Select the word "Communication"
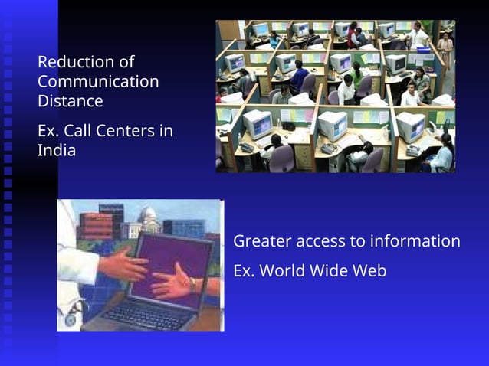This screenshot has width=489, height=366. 98,81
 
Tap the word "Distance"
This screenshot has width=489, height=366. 70,101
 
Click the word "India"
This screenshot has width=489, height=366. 57,150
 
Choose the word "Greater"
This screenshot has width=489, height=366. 261,241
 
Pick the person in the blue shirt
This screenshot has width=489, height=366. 299,76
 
